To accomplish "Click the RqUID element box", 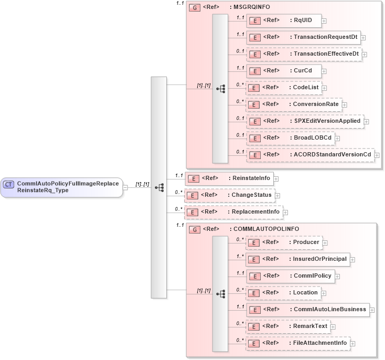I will pyautogui.click(x=284, y=20).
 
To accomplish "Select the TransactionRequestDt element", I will pyautogui.click(x=303, y=37).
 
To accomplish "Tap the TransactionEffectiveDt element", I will pyautogui.click(x=304, y=54).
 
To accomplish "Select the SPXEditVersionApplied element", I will pyautogui.click(x=305, y=121).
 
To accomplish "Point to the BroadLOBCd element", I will pyautogui.click(x=291, y=138).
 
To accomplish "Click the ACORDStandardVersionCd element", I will pyautogui.click(x=310, y=155).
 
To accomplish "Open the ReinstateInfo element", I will pyautogui.click(x=229, y=178).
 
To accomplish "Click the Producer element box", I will pyautogui.click(x=284, y=242).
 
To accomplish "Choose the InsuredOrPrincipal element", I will pyautogui.click(x=298, y=259).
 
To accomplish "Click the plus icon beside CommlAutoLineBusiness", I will pyautogui.click(x=372, y=310).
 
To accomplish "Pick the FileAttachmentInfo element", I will pyautogui.click(x=298, y=343).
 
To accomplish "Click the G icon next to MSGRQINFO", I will pyautogui.click(x=194, y=8).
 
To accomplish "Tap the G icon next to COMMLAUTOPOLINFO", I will pyautogui.click(x=194, y=229).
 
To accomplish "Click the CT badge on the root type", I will pyautogui.click(x=9, y=184).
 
